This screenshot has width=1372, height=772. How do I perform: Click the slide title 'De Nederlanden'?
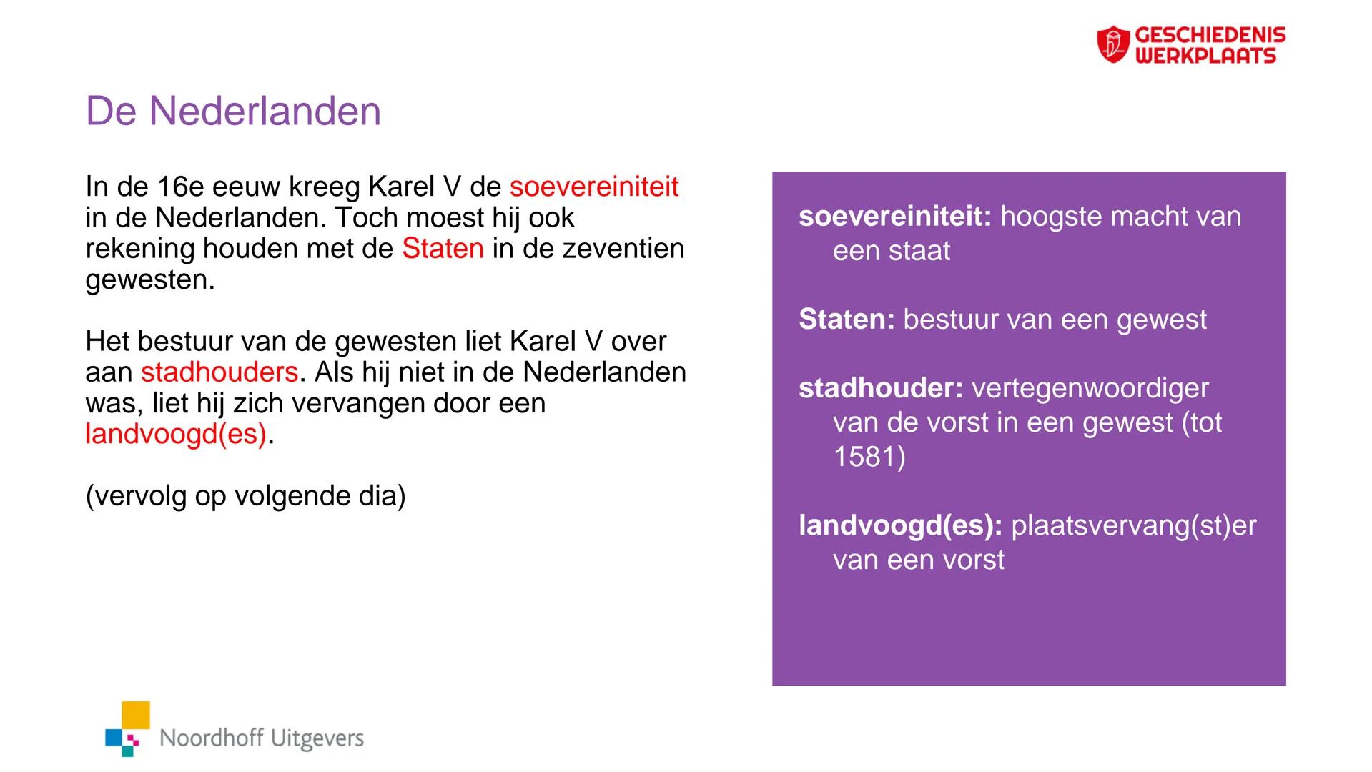[233, 112]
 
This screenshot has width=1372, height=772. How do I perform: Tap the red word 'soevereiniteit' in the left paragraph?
[593, 187]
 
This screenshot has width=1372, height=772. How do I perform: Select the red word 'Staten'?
[443, 249]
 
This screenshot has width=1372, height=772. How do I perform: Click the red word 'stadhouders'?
[219, 372]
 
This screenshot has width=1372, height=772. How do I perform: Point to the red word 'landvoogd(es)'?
[176, 434]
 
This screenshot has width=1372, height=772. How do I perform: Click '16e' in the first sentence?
[181, 187]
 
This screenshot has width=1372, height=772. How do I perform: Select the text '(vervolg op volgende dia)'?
[245, 495]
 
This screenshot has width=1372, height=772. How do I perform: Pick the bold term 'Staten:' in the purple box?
[847, 320]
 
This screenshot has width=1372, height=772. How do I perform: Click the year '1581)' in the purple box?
[869, 457]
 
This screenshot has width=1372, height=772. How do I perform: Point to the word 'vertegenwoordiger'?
[1090, 388]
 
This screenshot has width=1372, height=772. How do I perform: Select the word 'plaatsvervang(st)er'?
[1133, 525]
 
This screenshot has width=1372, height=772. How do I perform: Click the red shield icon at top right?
[1112, 44]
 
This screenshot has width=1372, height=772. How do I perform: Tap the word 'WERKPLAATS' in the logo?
[1205, 56]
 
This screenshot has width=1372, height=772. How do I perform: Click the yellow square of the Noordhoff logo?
[136, 715]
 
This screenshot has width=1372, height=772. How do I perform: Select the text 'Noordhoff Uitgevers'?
[262, 738]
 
